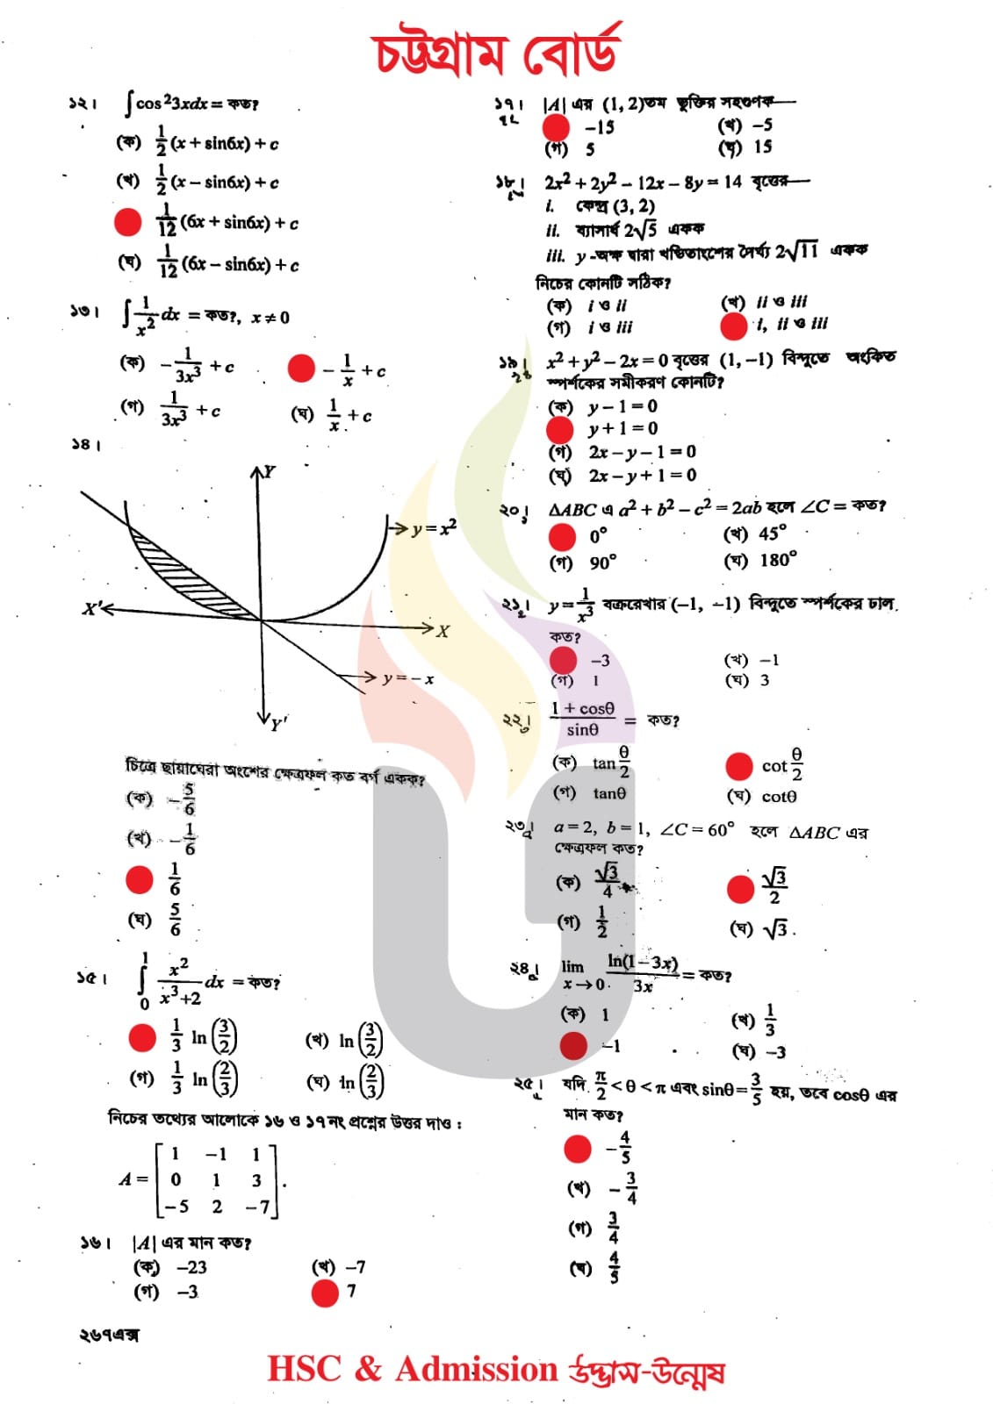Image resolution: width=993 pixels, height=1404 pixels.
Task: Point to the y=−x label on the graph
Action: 408,678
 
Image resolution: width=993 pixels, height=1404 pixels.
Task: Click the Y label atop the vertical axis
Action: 270,472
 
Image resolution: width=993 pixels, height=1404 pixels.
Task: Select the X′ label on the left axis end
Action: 93,608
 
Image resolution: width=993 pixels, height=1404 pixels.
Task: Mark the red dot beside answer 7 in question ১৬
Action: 325,1293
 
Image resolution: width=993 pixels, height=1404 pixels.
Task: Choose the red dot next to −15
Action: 555,126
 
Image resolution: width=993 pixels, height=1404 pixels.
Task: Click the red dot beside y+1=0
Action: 559,429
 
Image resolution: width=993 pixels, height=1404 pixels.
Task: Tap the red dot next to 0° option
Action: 561,536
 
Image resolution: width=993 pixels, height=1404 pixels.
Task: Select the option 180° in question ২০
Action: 778,560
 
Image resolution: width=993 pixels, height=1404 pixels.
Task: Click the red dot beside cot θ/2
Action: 739,766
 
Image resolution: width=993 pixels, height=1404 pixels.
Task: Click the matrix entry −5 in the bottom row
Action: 176,1207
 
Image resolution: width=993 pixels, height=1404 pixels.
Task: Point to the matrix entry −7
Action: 257,1207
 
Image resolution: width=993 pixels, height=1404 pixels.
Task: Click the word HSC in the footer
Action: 304,1369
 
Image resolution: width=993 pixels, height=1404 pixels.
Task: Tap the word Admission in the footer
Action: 477,1369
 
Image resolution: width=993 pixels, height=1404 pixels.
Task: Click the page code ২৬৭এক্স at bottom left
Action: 109,1335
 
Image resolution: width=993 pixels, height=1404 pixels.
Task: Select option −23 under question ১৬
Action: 191,1267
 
